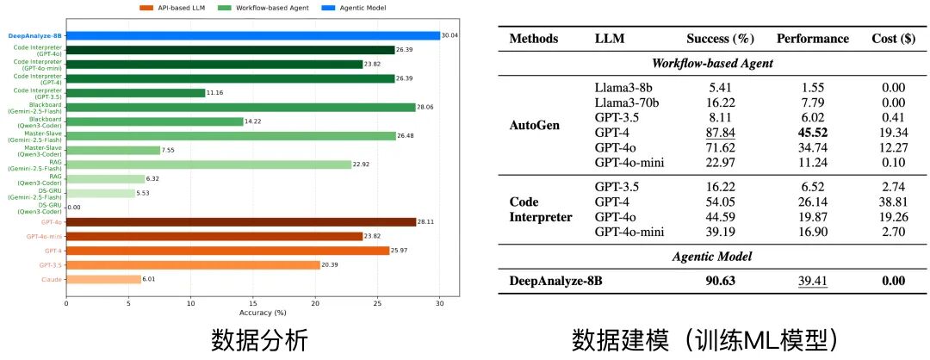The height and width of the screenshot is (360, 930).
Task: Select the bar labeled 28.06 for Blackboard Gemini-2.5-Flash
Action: click(x=240, y=107)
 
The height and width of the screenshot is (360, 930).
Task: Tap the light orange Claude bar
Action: click(x=103, y=279)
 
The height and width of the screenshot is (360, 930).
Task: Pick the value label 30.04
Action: click(x=450, y=35)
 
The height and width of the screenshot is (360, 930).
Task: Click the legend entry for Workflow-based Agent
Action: click(x=270, y=8)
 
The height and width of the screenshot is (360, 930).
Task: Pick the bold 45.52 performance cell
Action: click(x=813, y=133)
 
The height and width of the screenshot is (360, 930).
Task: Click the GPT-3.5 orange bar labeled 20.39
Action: click(x=193, y=264)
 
